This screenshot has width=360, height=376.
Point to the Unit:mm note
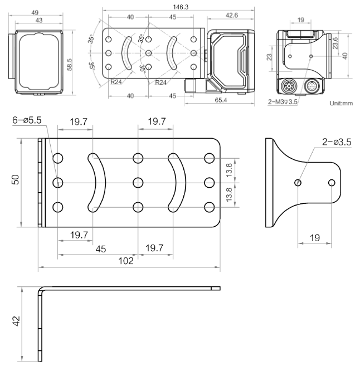(342, 103)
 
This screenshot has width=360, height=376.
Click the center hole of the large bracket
(137, 182)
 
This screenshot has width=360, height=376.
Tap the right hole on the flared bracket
(332, 182)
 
